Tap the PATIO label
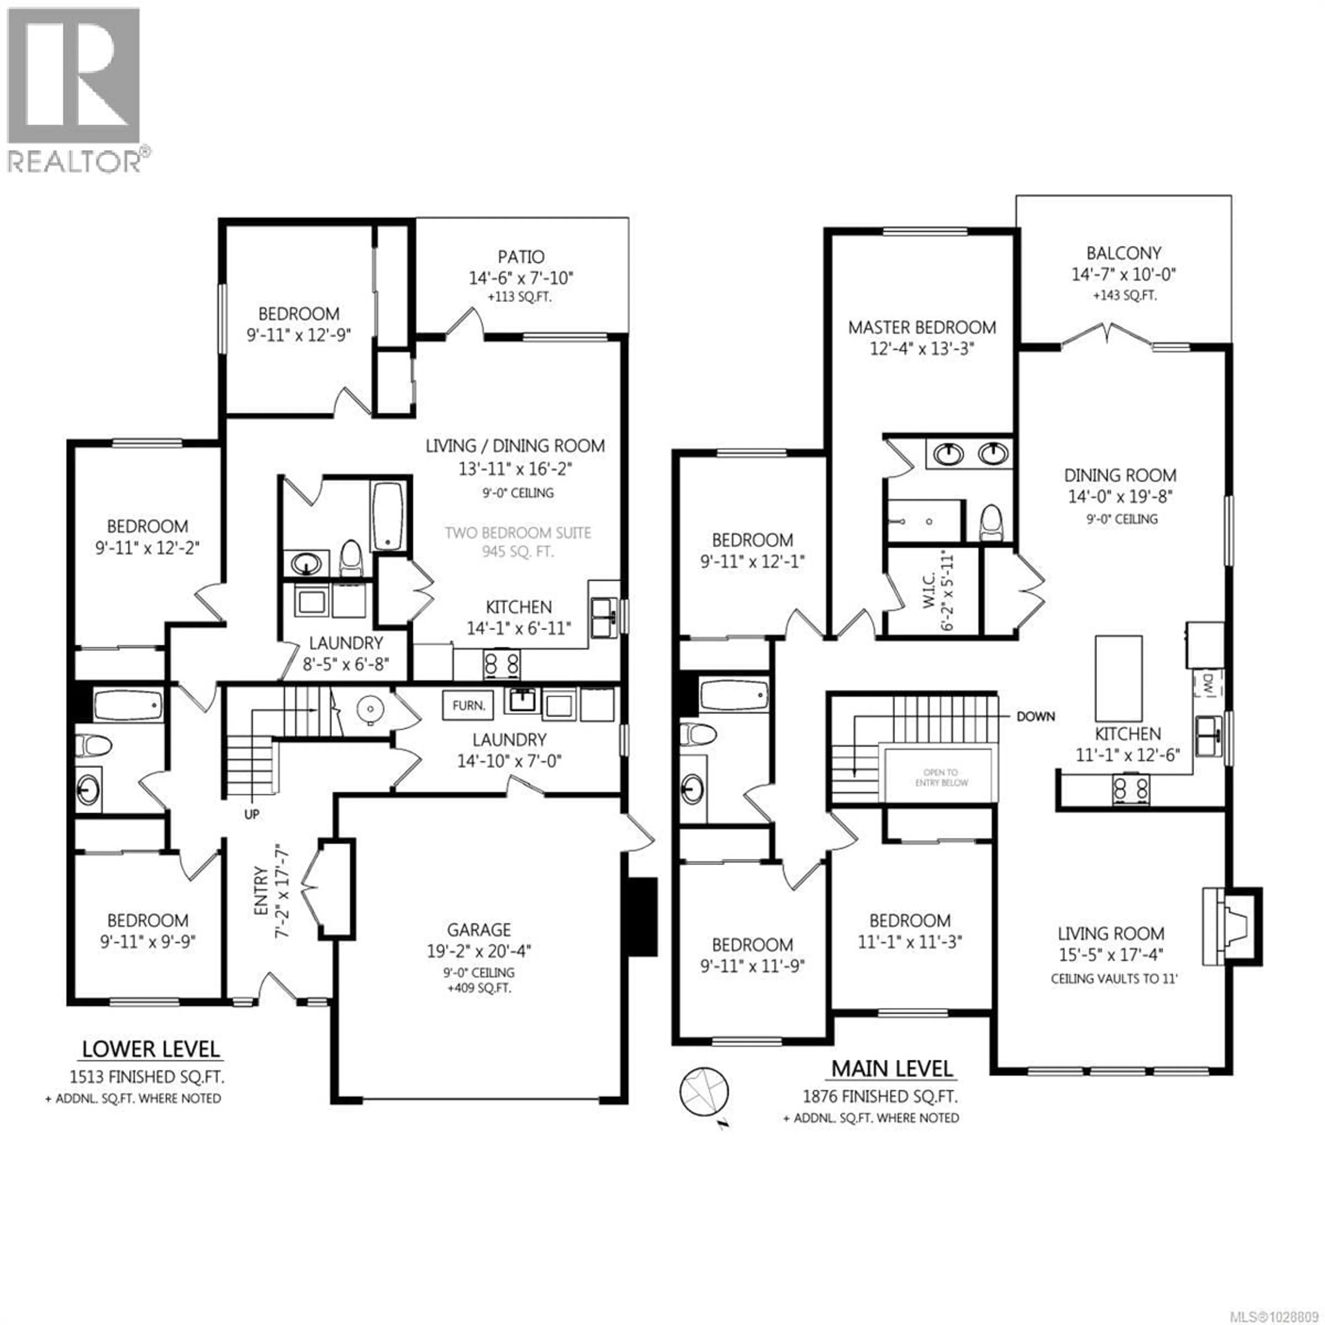pyautogui.click(x=521, y=257)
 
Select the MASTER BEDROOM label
pyautogui.click(x=922, y=328)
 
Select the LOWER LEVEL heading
pyautogui.click(x=151, y=1049)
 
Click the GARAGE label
pyautogui.click(x=479, y=930)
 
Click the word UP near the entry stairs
pyautogui.click(x=252, y=814)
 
